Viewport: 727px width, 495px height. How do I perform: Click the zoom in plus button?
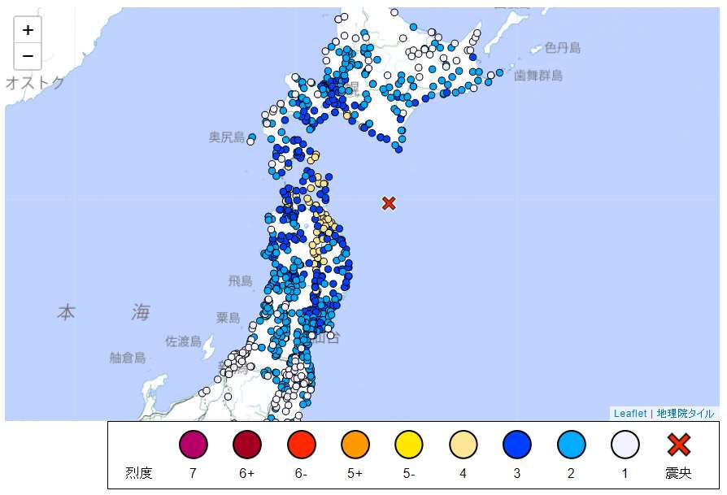[x=28, y=30]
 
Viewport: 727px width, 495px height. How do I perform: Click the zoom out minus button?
[x=28, y=55]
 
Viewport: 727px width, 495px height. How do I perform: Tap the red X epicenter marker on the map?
[x=389, y=203]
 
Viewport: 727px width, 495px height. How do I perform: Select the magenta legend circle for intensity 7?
[x=194, y=445]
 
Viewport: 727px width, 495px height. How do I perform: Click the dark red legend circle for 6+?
[x=247, y=445]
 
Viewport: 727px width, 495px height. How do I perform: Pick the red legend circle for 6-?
[x=301, y=445]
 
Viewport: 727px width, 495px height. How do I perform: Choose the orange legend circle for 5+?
[x=355, y=445]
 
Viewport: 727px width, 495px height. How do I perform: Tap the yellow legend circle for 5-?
[x=408, y=445]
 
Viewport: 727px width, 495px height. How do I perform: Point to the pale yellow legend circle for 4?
[x=463, y=445]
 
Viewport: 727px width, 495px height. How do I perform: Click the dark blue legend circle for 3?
[x=516, y=445]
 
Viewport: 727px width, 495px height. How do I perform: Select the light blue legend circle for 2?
[x=571, y=445]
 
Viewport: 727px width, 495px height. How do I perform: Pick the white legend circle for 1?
[x=625, y=445]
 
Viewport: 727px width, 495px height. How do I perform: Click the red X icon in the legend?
[x=679, y=445]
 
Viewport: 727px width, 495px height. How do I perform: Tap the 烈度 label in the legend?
[x=138, y=472]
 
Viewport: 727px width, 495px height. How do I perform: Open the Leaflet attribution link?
[x=630, y=414]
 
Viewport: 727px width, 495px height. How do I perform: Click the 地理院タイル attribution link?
[x=686, y=414]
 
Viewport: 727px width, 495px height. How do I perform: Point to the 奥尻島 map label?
[x=226, y=137]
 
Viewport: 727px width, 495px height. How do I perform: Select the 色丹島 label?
[x=563, y=48]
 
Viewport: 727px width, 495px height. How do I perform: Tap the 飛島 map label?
[x=240, y=281]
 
